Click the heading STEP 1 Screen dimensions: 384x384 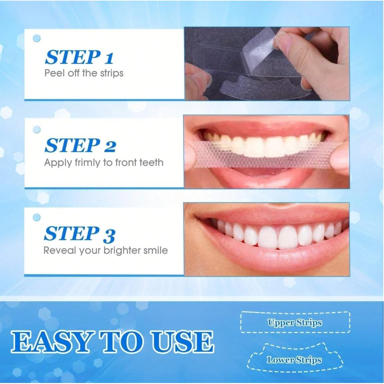pyautogui.click(x=79, y=57)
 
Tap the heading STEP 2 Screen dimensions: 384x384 pyautogui.click(x=80, y=146)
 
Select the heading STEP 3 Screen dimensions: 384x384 pyautogui.click(x=79, y=234)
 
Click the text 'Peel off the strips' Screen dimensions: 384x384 pyautogui.click(x=84, y=73)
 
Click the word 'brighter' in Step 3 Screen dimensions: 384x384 pyautogui.click(x=122, y=250)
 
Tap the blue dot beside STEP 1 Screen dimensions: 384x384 pyautogui.click(x=37, y=38)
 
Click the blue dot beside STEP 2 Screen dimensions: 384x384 pyautogui.click(x=37, y=129)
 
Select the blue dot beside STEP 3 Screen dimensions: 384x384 pyautogui.click(x=37, y=218)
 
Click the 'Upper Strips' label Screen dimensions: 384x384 pyautogui.click(x=295, y=323)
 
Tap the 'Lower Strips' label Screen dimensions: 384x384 pyautogui.click(x=294, y=360)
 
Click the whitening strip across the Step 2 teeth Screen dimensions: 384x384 pyautogui.click(x=267, y=155)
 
